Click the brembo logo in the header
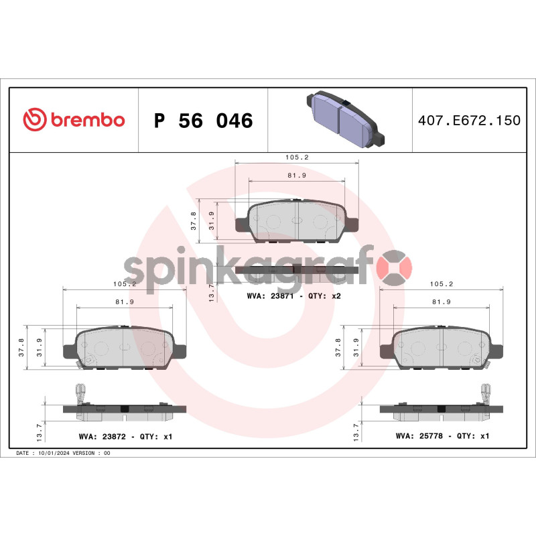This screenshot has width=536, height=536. [74, 120]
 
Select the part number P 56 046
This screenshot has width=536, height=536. [204, 121]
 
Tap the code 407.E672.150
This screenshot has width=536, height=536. [470, 121]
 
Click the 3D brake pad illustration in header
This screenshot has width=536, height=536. [346, 119]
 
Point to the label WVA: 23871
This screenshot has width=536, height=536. [270, 296]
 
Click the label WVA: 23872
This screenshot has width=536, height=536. [103, 437]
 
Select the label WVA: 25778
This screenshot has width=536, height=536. [419, 436]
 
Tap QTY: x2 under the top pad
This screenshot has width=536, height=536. [324, 296]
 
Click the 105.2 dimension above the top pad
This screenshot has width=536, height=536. [297, 157]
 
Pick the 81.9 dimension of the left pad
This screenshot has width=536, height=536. [125, 302]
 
